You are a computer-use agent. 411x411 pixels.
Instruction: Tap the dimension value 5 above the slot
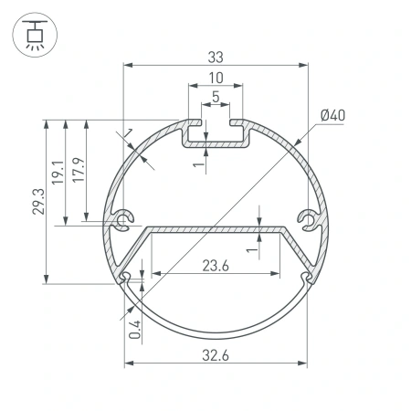(216, 96)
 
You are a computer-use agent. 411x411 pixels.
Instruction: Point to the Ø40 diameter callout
(332, 115)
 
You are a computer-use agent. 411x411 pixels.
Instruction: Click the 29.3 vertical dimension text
(37, 201)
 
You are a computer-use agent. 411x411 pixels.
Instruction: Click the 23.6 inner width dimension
(216, 266)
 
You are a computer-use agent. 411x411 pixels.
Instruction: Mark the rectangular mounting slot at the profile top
(216, 134)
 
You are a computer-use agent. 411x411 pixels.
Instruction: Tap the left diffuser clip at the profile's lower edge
(123, 276)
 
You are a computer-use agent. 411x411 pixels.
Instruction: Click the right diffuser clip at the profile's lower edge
(309, 276)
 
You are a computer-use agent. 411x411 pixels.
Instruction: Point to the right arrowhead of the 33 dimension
(303, 64)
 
